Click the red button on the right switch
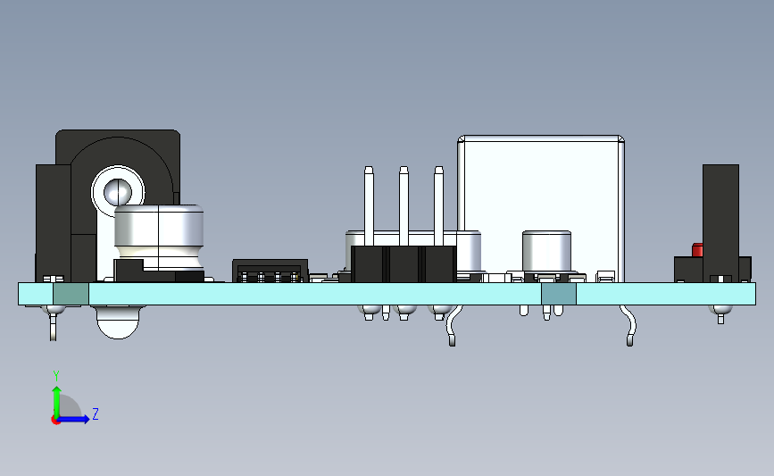click(x=697, y=250)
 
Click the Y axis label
click(x=56, y=376)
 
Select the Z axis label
click(x=96, y=413)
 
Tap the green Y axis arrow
click(x=57, y=402)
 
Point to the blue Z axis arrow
click(x=72, y=419)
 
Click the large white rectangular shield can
click(x=541, y=207)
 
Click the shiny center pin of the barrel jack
click(x=118, y=192)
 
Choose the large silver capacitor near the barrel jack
click(x=159, y=237)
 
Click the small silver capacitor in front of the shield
click(x=546, y=251)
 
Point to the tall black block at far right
click(x=720, y=223)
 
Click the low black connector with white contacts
click(x=270, y=271)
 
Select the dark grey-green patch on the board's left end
click(x=71, y=294)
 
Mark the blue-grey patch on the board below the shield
click(x=559, y=294)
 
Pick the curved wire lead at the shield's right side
click(x=628, y=325)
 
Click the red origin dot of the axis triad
click(x=55, y=421)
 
